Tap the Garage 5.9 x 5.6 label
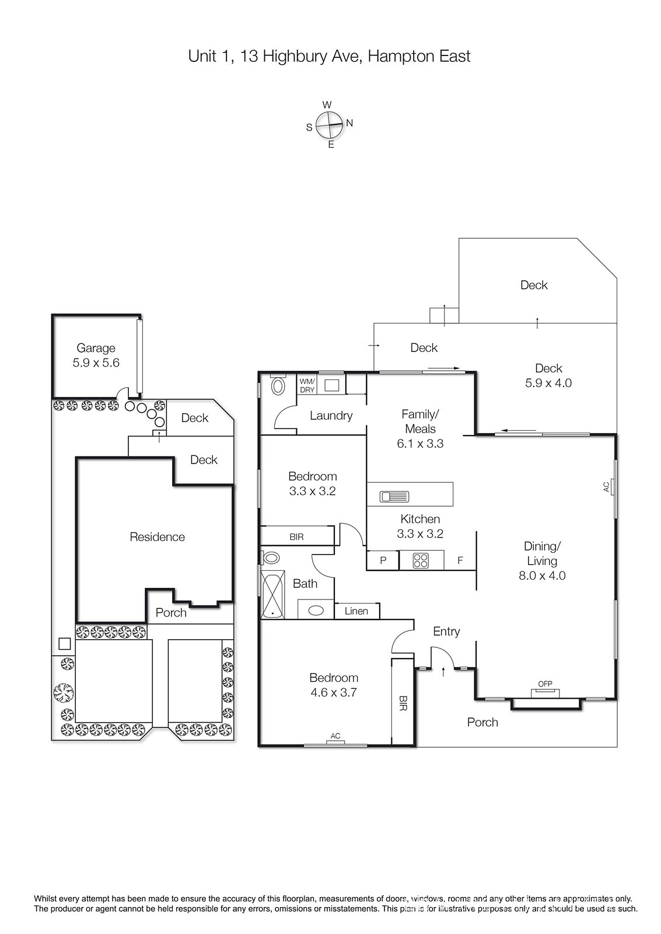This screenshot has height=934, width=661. click(96, 356)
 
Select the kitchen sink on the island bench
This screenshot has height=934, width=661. click(394, 497)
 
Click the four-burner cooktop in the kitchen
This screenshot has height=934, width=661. click(421, 560)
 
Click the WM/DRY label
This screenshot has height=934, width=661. click(307, 385)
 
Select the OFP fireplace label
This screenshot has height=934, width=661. click(545, 684)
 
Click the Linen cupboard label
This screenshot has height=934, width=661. click(356, 611)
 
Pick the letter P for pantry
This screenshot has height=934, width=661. click(383, 560)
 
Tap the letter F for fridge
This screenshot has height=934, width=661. click(460, 560)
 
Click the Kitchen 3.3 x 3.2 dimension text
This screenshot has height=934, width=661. click(420, 526)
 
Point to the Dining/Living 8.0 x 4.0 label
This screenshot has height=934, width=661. click(542, 561)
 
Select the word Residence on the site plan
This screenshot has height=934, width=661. click(157, 536)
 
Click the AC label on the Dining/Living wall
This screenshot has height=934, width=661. click(606, 487)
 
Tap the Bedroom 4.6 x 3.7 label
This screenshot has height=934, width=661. click(334, 685)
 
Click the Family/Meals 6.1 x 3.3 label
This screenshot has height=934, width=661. click(420, 428)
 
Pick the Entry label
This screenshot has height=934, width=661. click(446, 632)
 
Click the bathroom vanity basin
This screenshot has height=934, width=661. click(316, 611)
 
